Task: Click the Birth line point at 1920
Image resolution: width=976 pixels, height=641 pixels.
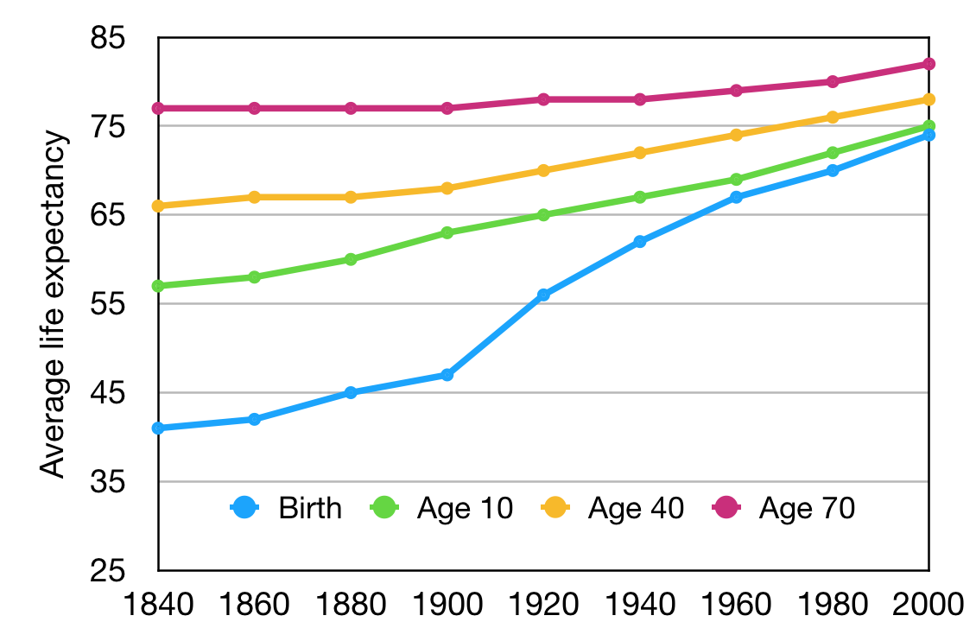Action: [x=543, y=295]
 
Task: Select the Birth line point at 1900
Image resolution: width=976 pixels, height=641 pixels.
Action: [x=447, y=375]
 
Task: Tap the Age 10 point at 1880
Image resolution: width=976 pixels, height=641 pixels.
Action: [x=351, y=259]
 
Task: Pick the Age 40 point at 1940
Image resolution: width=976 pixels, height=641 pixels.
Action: [x=640, y=153]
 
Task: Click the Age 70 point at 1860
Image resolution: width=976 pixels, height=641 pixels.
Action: [x=255, y=108]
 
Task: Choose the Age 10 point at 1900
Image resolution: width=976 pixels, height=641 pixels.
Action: [x=447, y=232]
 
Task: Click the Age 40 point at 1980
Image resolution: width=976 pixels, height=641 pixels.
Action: [x=833, y=117]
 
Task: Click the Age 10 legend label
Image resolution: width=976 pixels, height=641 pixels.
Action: [x=465, y=508]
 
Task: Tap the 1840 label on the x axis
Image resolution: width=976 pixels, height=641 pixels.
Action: [x=159, y=604]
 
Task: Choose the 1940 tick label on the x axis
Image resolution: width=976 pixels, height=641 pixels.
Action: [x=640, y=604]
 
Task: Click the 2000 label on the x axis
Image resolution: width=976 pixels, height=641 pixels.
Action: [x=928, y=604]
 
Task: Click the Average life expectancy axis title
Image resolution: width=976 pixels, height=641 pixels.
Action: [x=54, y=304]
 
